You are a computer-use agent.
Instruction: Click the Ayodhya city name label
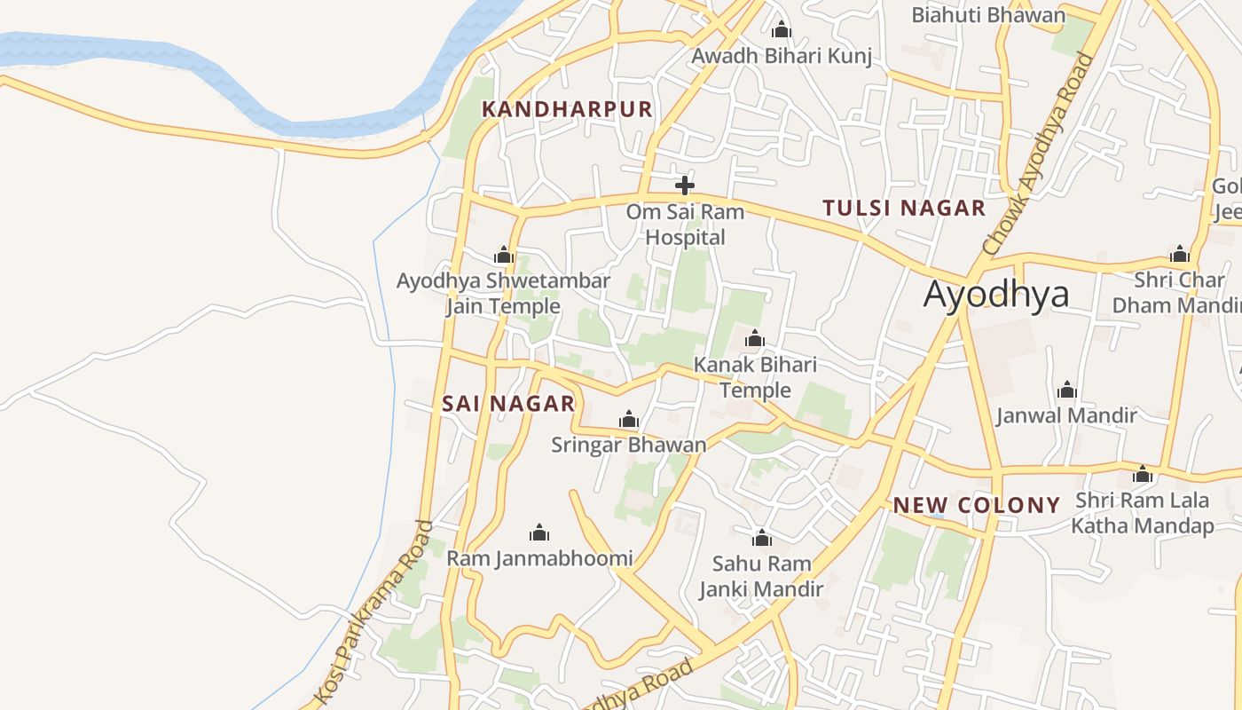[x=995, y=294]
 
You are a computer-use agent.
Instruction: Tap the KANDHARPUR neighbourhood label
[x=567, y=109]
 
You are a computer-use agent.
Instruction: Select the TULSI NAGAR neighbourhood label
[x=903, y=209]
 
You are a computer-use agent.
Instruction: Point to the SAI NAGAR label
[x=508, y=404]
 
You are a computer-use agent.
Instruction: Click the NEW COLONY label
[x=976, y=506]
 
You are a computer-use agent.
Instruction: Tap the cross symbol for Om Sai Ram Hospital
[x=684, y=185]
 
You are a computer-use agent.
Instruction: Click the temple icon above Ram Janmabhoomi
[x=538, y=532]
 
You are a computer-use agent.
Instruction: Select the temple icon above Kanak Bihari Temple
[x=754, y=338]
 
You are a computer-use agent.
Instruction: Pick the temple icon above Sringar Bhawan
[x=628, y=419]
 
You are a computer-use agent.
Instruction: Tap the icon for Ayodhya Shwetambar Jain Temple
[x=504, y=256]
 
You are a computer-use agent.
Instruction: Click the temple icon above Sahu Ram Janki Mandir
[x=761, y=538]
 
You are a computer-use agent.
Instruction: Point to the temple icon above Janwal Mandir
[x=1066, y=390]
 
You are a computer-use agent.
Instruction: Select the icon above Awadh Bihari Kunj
[x=781, y=29]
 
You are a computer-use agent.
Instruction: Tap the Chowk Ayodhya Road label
[x=1039, y=153]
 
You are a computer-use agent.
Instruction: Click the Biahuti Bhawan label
[x=987, y=15]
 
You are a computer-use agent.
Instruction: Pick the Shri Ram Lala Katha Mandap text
[x=1142, y=513]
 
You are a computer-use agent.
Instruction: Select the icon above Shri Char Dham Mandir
[x=1179, y=255]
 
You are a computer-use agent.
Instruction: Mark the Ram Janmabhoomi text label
[x=539, y=558]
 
